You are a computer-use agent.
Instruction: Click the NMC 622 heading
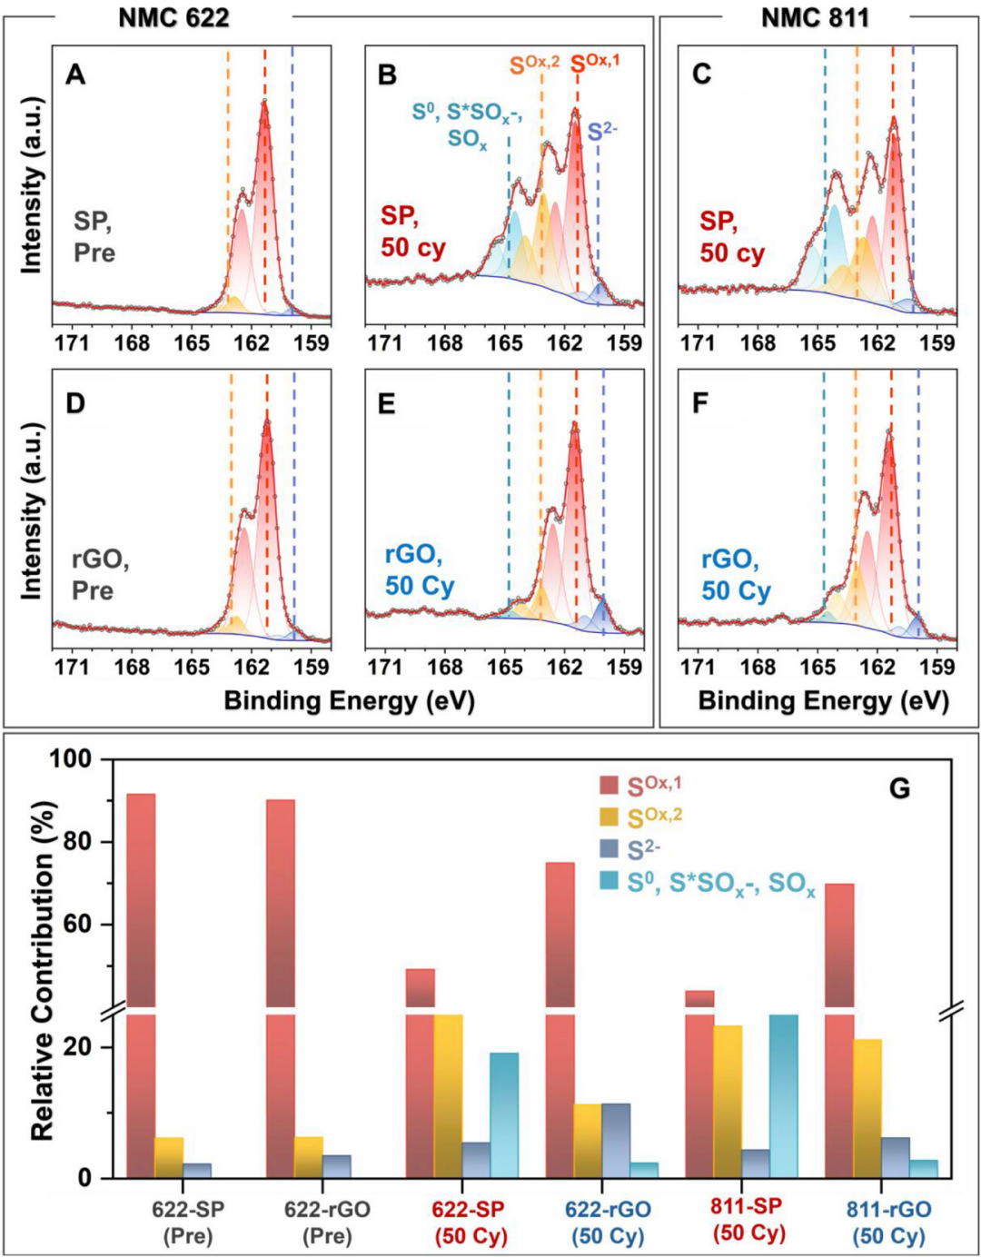click(x=173, y=16)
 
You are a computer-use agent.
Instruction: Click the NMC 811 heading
click(x=815, y=16)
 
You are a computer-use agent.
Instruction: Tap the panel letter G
click(x=899, y=787)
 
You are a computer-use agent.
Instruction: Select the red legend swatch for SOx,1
click(x=609, y=784)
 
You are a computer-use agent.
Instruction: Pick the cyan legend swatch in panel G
click(x=609, y=880)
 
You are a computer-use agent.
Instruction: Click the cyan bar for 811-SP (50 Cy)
click(x=783, y=1095)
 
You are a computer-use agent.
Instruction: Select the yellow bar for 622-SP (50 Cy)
click(x=448, y=1095)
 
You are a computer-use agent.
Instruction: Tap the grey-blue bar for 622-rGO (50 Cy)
click(x=616, y=1140)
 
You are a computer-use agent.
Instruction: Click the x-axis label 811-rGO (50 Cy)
click(x=888, y=1222)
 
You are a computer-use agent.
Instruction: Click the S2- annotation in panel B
click(x=601, y=133)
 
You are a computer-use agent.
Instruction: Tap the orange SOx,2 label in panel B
click(x=534, y=65)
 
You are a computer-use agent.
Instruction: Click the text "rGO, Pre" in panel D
click(x=100, y=574)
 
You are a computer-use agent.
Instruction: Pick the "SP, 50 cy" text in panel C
click(x=732, y=237)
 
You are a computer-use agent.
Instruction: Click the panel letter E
click(x=387, y=403)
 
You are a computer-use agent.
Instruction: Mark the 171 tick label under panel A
click(x=72, y=344)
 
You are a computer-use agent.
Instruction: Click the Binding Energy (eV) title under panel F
click(x=823, y=701)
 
